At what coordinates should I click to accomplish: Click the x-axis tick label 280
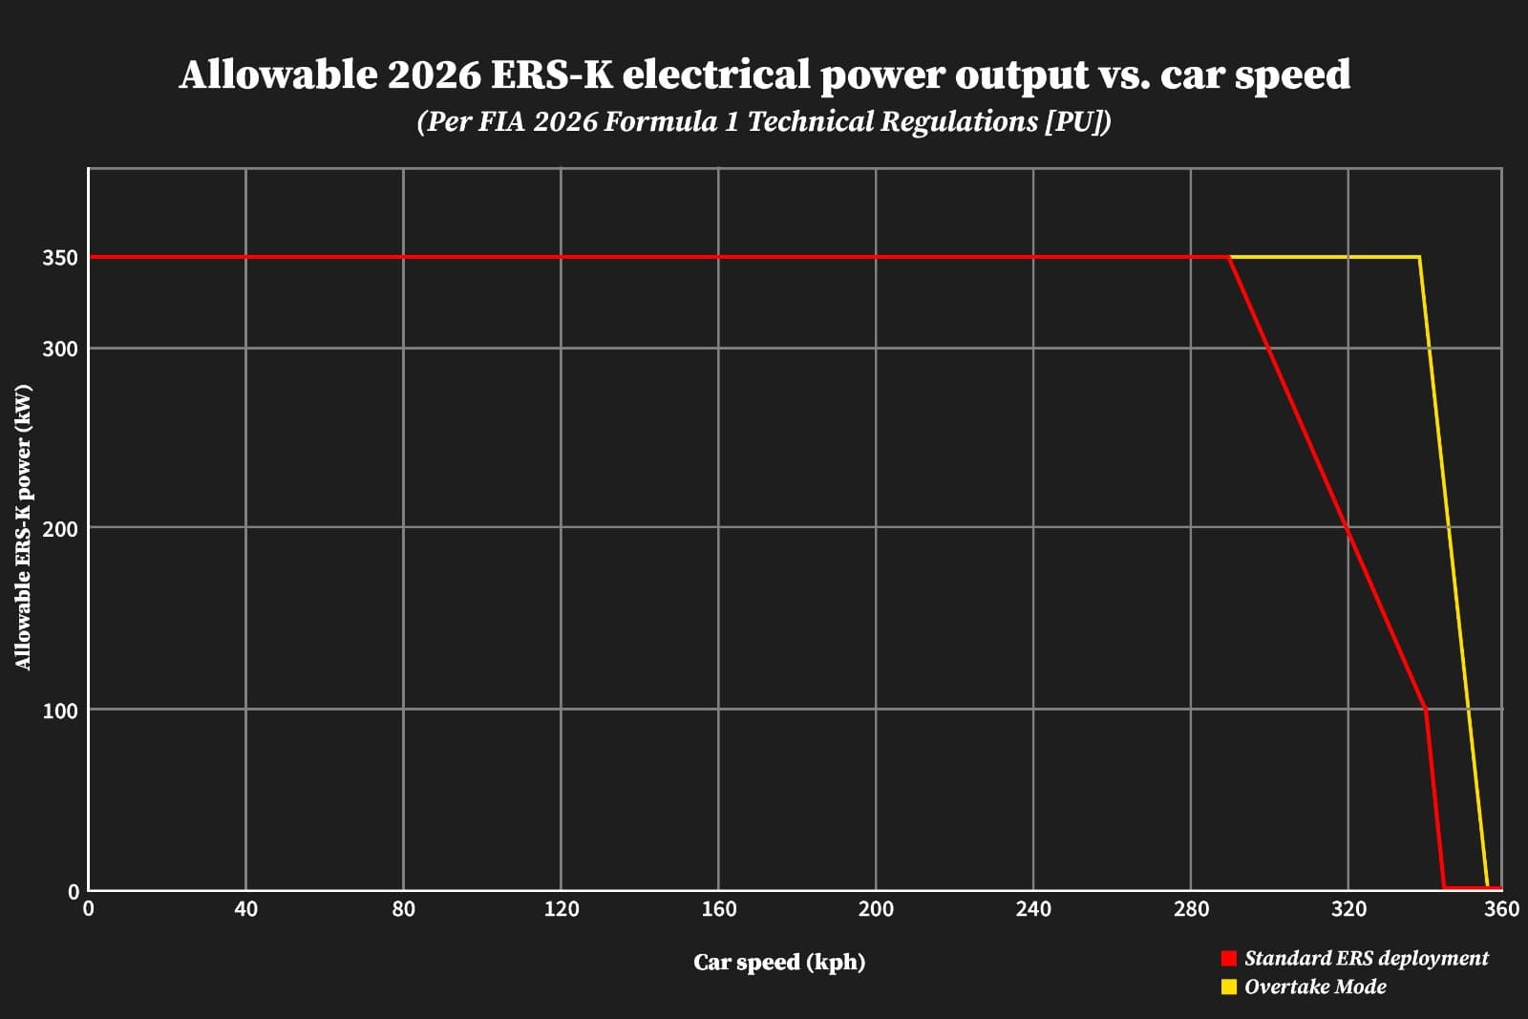(1191, 909)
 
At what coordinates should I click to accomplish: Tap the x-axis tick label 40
(245, 909)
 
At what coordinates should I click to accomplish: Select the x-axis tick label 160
(718, 909)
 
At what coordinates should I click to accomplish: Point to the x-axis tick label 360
(1501, 909)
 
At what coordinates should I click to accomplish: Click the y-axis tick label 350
(60, 258)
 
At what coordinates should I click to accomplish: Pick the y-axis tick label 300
(60, 349)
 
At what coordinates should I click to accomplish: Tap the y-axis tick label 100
(60, 711)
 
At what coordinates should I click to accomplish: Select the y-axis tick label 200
(60, 528)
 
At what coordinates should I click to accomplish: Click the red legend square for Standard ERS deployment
(1229, 958)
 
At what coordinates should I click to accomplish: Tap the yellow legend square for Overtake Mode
(1229, 987)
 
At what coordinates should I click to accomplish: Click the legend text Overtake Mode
(1315, 987)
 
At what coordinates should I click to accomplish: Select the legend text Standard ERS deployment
(1366, 958)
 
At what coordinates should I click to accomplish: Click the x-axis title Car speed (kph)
(779, 962)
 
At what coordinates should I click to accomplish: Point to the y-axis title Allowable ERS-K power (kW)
(23, 527)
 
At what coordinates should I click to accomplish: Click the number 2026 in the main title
(434, 74)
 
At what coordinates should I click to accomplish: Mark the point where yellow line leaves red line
(1230, 257)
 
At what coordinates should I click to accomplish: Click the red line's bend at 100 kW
(1426, 709)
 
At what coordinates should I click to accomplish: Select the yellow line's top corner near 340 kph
(1419, 257)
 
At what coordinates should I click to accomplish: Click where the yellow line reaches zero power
(1487, 888)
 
